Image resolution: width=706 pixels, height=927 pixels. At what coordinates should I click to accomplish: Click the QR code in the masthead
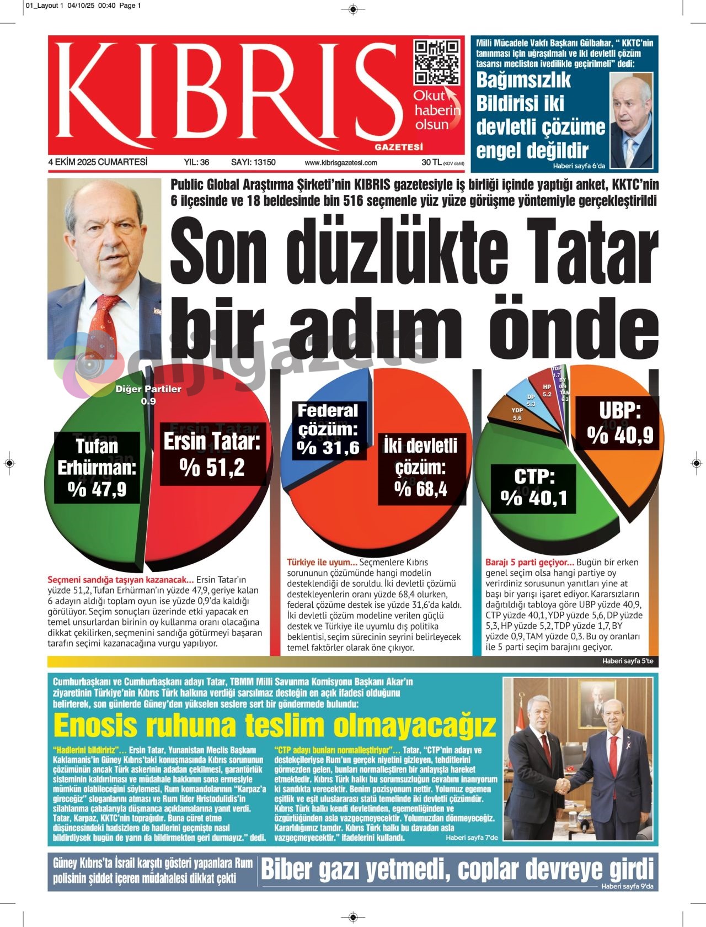438,62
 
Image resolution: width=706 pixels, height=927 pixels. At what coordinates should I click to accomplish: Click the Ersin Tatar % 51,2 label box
212,454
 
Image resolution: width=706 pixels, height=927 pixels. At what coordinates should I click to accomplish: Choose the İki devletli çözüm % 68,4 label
421,468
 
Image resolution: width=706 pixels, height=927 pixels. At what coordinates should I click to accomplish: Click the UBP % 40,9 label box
620,423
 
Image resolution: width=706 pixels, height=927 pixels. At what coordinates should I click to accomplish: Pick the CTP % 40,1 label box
533,487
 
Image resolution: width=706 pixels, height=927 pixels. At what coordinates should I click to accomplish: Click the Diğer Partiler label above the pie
148,389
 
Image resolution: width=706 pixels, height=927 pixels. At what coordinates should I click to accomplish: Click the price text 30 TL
431,162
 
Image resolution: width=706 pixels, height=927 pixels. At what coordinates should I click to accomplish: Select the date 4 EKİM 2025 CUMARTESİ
98,162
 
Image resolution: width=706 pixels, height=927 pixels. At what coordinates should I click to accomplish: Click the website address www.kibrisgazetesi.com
341,163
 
